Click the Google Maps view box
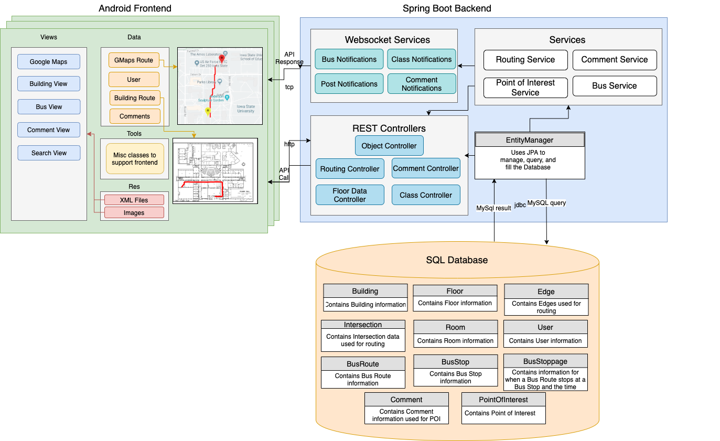tap(49, 61)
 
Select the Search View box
tap(49, 153)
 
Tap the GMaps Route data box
tap(134, 60)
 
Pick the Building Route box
tap(135, 98)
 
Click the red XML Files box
tap(134, 200)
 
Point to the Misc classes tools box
tap(135, 159)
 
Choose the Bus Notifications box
tap(349, 59)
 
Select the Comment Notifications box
tap(422, 84)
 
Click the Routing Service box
tap(525, 60)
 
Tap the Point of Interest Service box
tap(525, 88)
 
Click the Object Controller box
tap(389, 146)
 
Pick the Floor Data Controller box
tap(350, 195)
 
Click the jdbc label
tap(520, 205)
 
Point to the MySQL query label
tap(546, 202)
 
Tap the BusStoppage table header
tap(545, 361)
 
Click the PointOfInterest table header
tap(503, 400)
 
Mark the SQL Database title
tap(457, 260)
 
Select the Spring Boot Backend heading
tap(447, 8)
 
